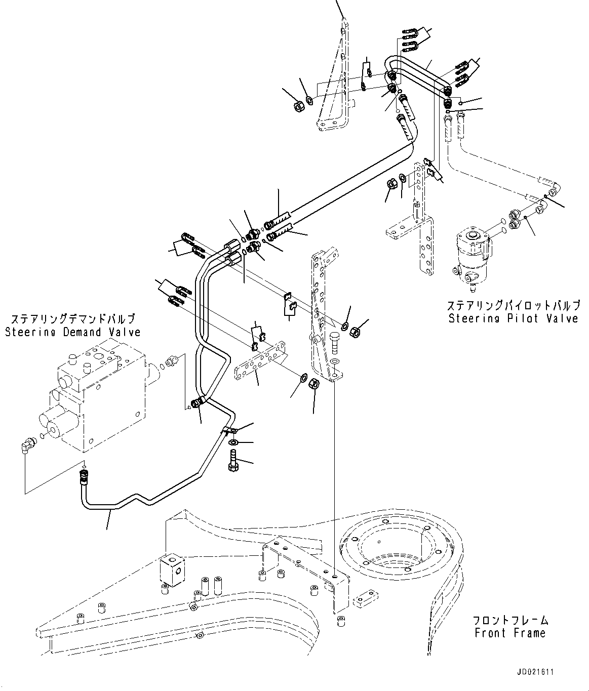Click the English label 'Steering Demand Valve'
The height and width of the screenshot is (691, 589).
(x=73, y=332)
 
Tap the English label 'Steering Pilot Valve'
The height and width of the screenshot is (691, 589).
(x=513, y=318)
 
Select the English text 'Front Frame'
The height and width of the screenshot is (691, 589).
(x=510, y=633)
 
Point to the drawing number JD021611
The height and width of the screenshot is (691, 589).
(x=535, y=672)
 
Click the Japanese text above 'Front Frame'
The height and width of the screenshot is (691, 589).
(x=511, y=620)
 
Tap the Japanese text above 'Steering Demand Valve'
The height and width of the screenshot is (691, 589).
(x=73, y=319)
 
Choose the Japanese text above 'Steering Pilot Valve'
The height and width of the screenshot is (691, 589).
(x=513, y=305)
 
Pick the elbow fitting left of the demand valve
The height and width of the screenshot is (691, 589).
(x=27, y=444)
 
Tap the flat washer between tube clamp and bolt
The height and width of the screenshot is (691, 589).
(x=233, y=443)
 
